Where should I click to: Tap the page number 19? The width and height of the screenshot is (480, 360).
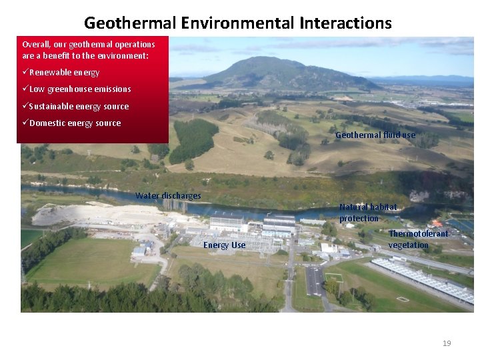[447, 343]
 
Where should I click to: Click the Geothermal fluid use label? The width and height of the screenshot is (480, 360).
[375, 135]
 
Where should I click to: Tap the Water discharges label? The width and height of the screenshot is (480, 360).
[168, 196]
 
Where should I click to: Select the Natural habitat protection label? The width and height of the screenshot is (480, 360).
[367, 213]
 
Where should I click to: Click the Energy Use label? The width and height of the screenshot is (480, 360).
[224, 245]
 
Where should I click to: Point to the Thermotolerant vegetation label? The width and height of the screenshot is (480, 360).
[418, 239]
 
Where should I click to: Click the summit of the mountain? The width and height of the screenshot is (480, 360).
[264, 59]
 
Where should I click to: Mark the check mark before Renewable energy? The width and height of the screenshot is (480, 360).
[25, 73]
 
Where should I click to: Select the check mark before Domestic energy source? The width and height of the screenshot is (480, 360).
[25, 123]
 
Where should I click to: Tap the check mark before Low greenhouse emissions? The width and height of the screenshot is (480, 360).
[25, 89]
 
